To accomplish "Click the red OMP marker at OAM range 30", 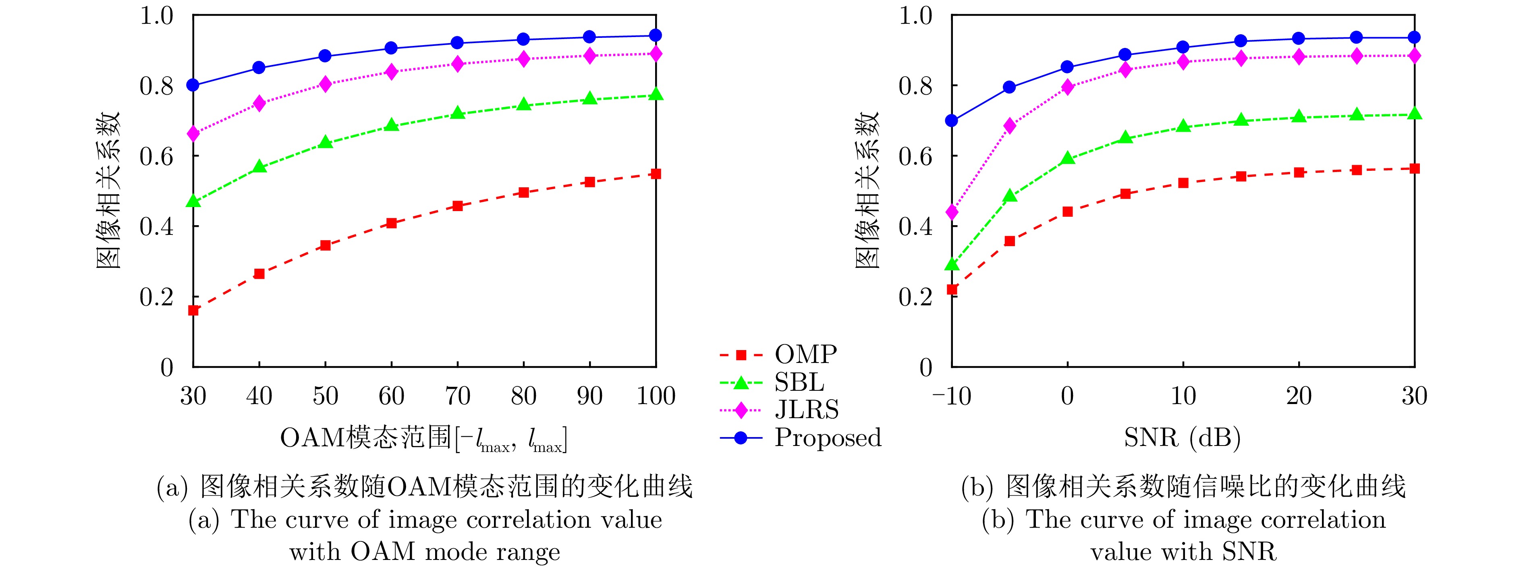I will pyautogui.click(x=193, y=310).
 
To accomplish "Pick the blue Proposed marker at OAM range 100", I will pyautogui.click(x=656, y=35).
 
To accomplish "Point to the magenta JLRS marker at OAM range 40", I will pyautogui.click(x=259, y=104).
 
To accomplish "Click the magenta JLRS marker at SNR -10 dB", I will pyautogui.click(x=952, y=211).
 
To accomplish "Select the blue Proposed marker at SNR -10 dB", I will pyautogui.click(x=952, y=120).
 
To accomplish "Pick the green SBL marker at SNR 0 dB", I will pyautogui.click(x=1067, y=158).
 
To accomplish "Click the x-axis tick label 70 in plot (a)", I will pyautogui.click(x=457, y=396).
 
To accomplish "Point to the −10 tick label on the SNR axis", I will pyautogui.click(x=951, y=396).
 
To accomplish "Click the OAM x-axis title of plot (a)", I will pyautogui.click(x=423, y=439).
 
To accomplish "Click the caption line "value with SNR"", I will pyautogui.click(x=1183, y=551).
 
